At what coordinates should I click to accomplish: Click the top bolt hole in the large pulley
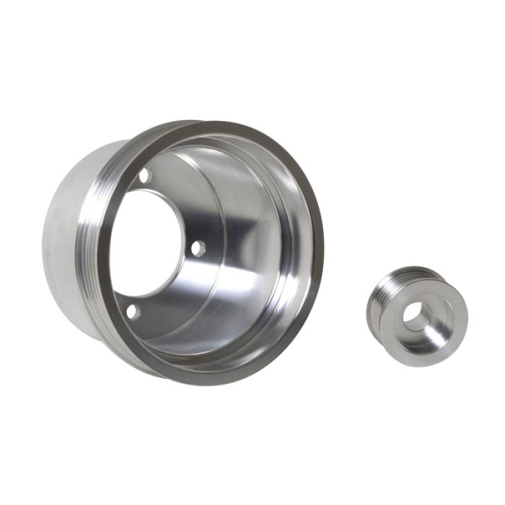144,175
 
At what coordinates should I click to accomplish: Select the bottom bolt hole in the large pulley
131,311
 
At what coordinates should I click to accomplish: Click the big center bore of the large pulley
148,242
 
